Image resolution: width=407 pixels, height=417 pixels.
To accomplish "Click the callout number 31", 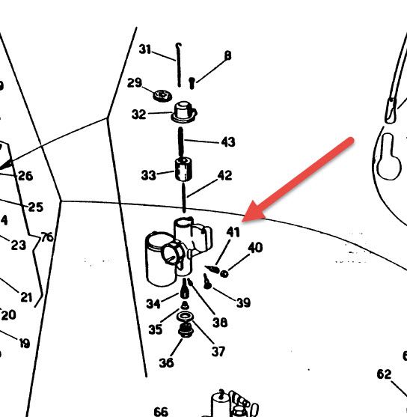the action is (145, 49).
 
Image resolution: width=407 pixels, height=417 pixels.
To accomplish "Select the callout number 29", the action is (135, 82).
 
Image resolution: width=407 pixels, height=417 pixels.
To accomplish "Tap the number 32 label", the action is (138, 115).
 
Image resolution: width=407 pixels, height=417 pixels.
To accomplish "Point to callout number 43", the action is (228, 141).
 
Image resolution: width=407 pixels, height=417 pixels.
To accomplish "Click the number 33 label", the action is (148, 175).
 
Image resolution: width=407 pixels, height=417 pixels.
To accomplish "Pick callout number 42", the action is (224, 175).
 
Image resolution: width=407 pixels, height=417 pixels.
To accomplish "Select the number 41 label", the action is (233, 232).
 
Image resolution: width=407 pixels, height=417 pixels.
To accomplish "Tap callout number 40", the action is (255, 248).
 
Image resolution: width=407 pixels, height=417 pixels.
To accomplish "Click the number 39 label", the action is (243, 302).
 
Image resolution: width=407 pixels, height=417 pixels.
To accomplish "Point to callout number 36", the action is (166, 362).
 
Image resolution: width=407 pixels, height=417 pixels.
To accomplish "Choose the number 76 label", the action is (47, 237).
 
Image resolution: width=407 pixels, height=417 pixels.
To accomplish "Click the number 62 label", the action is (384, 374).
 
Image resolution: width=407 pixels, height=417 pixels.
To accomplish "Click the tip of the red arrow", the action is (242, 221).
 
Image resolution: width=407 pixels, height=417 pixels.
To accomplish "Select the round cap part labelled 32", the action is (184, 112).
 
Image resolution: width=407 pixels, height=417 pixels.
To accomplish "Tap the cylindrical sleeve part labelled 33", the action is (183, 169).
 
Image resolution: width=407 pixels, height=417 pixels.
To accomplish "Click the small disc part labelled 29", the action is (162, 95).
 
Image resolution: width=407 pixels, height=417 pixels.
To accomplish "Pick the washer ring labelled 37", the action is (185, 317).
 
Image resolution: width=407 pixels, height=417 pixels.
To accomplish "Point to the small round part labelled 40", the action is (224, 274).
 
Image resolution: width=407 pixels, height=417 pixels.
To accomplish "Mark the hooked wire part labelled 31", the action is (179, 65).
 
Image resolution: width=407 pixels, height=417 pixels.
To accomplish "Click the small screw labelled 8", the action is (192, 82).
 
